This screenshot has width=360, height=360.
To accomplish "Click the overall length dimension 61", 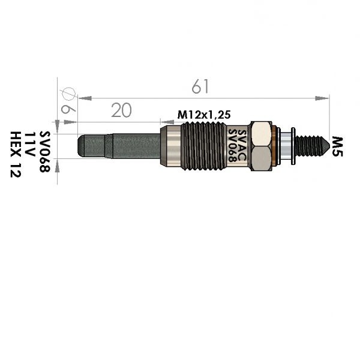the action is (200, 86).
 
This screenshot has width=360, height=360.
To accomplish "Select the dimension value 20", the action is (121, 110).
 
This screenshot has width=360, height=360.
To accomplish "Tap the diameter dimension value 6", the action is (68, 110).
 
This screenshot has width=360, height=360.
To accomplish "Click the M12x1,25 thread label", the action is (204, 115).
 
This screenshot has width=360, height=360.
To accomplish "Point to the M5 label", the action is (337, 146).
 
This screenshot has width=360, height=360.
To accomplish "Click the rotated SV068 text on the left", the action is (44, 152).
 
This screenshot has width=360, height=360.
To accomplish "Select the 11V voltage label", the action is (29, 144).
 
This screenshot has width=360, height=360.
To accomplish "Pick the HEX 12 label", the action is (16, 154).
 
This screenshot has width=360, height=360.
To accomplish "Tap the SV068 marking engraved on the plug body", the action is (232, 146).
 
